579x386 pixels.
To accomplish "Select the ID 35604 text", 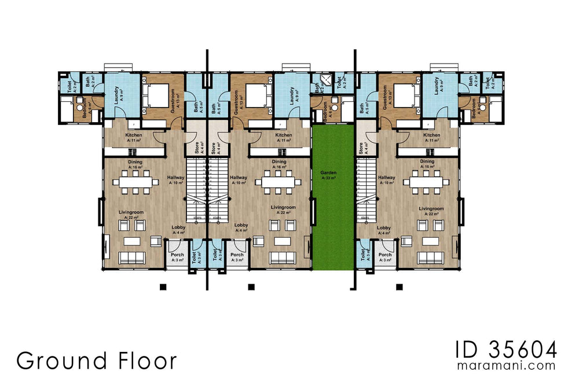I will click(x=506, y=350).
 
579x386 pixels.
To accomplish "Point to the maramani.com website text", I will click(x=507, y=366).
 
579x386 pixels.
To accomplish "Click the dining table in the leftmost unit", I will click(x=135, y=182).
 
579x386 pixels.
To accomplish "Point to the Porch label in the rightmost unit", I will click(x=385, y=255).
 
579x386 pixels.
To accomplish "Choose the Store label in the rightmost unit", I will click(x=361, y=148).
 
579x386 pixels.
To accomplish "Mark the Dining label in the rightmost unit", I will click(x=427, y=161).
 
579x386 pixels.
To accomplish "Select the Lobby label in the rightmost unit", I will click(x=384, y=228).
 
